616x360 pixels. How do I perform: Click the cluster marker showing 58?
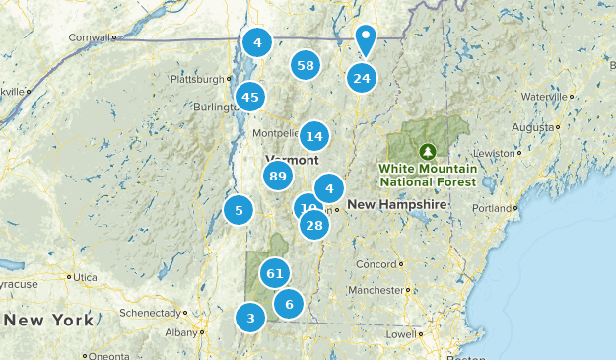(306, 66)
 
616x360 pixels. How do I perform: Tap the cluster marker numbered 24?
(362, 79)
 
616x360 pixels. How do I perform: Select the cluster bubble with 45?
(250, 97)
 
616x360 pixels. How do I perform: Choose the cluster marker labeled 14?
(314, 136)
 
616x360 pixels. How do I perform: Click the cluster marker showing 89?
(277, 177)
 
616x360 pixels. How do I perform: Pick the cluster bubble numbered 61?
(275, 273)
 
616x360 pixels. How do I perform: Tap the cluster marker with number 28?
(314, 226)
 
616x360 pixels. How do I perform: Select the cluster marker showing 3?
(250, 318)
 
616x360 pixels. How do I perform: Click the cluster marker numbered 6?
(289, 304)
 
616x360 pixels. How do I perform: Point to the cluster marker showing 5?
(238, 209)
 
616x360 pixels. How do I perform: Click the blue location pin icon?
(366, 39)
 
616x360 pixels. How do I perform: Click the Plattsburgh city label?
(197, 79)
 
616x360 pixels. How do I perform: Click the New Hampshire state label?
(397, 204)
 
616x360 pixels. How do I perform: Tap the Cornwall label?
(88, 37)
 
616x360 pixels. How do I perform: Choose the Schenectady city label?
(146, 312)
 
